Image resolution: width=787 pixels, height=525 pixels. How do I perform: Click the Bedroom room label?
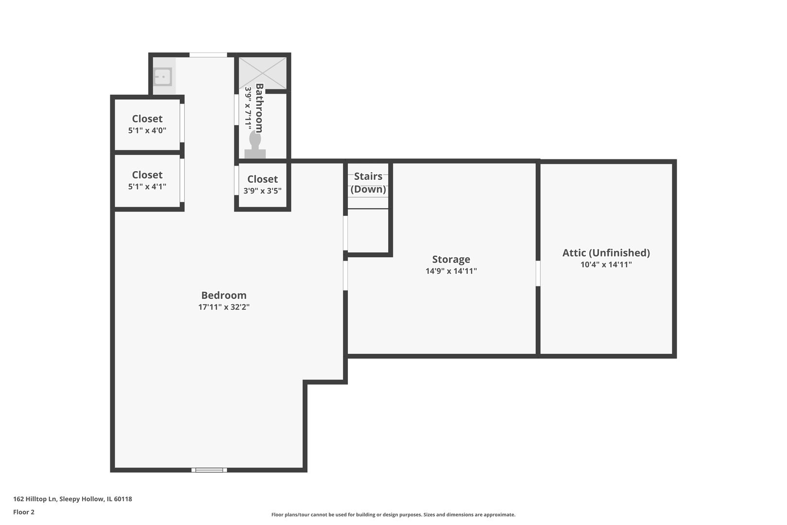point(223,295)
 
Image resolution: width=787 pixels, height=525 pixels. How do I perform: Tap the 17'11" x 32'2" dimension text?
point(223,307)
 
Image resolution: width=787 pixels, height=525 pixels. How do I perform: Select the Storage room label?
point(451,259)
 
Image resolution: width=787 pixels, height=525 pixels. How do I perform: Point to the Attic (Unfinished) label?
point(606,253)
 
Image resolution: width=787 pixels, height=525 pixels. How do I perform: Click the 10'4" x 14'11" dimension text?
point(606,265)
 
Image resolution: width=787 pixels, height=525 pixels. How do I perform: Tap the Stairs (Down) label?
point(368,183)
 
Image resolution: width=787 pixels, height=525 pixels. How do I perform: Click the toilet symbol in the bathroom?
point(255,145)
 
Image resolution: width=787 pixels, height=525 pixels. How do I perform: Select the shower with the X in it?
point(262,73)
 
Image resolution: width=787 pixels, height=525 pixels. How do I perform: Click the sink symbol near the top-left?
point(163,77)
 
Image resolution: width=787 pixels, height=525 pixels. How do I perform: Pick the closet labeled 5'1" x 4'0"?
point(147,124)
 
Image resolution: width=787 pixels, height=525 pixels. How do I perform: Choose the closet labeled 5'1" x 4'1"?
point(147,180)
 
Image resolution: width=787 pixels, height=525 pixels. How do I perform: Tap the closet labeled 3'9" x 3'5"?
point(262,185)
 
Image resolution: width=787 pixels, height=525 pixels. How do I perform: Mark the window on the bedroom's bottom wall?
point(209,470)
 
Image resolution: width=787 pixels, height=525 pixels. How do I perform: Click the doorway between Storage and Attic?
point(538,273)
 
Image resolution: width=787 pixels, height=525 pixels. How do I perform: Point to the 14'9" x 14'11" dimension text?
point(451,271)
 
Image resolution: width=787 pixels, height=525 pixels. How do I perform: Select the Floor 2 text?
point(24,512)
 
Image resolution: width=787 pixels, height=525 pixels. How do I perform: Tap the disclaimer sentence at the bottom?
point(393,514)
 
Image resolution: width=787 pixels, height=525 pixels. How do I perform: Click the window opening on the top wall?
point(208,55)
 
